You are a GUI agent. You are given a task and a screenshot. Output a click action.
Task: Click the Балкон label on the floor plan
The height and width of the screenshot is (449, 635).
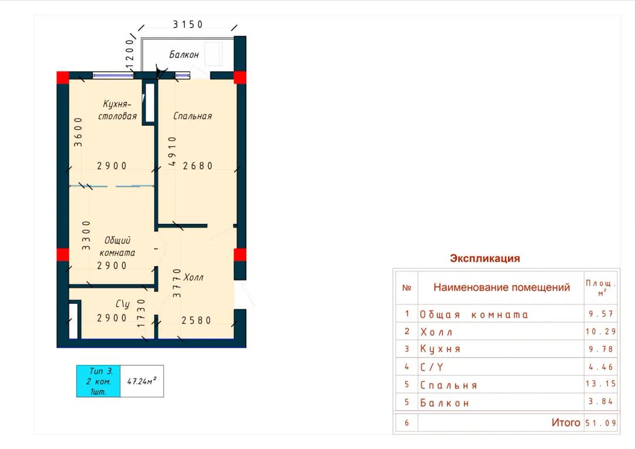184,55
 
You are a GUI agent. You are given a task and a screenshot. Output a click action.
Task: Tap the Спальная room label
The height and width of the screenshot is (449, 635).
192,116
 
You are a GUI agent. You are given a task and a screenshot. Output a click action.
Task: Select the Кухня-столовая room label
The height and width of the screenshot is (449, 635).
118,110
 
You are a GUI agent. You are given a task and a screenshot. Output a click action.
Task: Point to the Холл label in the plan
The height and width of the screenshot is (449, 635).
193,277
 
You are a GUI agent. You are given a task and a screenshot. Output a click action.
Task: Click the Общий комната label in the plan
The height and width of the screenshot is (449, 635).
117,246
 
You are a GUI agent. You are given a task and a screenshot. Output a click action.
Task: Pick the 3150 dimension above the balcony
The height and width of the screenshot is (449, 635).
188,25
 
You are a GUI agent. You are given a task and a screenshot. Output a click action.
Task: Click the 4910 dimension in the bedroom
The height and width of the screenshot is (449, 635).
172,151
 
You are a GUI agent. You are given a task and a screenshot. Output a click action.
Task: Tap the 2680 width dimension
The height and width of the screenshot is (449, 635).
198,166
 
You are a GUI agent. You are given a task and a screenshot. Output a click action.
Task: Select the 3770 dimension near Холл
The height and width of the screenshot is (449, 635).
177,283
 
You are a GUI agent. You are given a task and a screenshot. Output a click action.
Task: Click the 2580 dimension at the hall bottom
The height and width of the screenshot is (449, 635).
196,320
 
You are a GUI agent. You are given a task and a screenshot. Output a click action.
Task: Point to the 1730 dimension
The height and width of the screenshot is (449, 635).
141,313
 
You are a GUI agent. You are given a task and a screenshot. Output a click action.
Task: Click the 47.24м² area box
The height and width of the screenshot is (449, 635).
142,381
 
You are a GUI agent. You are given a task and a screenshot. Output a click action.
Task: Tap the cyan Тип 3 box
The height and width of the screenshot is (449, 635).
98,381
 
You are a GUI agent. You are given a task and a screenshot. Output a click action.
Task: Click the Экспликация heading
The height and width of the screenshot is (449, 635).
484,259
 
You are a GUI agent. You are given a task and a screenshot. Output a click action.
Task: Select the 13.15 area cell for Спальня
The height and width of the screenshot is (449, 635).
600,383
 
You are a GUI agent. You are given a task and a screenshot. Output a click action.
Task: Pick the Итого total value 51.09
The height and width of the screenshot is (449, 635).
600,423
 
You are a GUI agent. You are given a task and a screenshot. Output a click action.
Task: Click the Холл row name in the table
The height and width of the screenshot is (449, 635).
436,333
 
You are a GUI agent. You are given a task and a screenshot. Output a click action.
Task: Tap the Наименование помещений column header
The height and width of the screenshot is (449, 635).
502,287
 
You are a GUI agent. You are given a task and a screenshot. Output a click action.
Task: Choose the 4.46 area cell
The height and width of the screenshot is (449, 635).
601,367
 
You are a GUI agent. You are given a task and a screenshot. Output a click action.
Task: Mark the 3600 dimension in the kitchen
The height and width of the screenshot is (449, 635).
78,132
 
